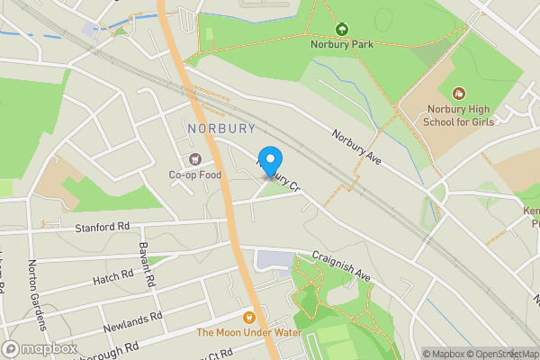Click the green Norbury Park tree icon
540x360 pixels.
click(341, 29)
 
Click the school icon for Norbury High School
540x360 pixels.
click(459, 94)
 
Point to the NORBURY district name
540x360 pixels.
click(222, 129)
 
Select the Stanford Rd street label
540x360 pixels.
click(103, 227)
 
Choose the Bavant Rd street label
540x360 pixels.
click(148, 265)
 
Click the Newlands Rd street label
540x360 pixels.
click(131, 319)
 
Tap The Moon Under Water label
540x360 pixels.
click(248, 332)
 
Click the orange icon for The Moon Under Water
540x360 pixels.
click(248, 317)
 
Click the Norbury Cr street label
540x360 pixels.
click(281, 176)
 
